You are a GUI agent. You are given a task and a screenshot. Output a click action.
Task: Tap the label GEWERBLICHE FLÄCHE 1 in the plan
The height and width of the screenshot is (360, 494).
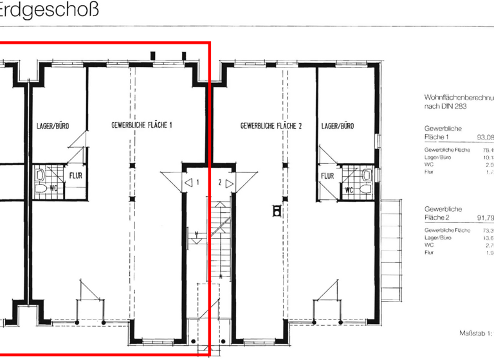tap(142, 126)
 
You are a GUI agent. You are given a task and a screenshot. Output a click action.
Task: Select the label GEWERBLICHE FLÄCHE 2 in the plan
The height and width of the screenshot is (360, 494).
tap(271, 126)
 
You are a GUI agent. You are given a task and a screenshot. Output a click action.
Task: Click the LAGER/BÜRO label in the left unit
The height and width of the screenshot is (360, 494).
tap(49, 126)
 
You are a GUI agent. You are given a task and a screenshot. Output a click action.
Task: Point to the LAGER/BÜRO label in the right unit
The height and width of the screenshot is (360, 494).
tap(338, 126)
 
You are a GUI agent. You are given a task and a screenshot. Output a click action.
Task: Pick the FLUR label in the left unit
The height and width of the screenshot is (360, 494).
tap(75, 174)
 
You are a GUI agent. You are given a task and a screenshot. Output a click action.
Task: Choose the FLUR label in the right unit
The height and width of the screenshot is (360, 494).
tap(327, 175)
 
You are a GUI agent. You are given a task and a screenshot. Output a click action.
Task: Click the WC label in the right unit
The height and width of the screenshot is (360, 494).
tap(349, 190)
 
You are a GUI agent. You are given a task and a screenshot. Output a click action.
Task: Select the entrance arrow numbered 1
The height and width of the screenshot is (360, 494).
tap(189, 183)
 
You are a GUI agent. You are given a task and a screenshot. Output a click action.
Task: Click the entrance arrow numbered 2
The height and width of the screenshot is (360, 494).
tap(229, 183)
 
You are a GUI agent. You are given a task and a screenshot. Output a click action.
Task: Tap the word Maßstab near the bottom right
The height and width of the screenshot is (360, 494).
tap(473, 334)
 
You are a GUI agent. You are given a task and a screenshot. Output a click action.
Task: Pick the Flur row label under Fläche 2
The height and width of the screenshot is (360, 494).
tap(430, 253)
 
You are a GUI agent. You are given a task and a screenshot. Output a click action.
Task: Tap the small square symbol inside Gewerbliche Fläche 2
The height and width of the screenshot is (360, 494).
tap(277, 210)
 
